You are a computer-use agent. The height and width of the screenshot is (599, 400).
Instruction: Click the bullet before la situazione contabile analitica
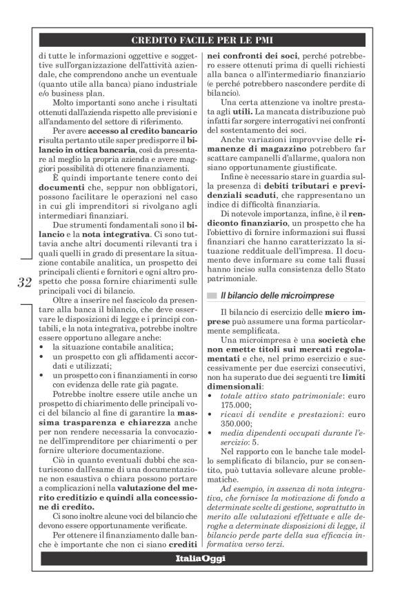[42, 348]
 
